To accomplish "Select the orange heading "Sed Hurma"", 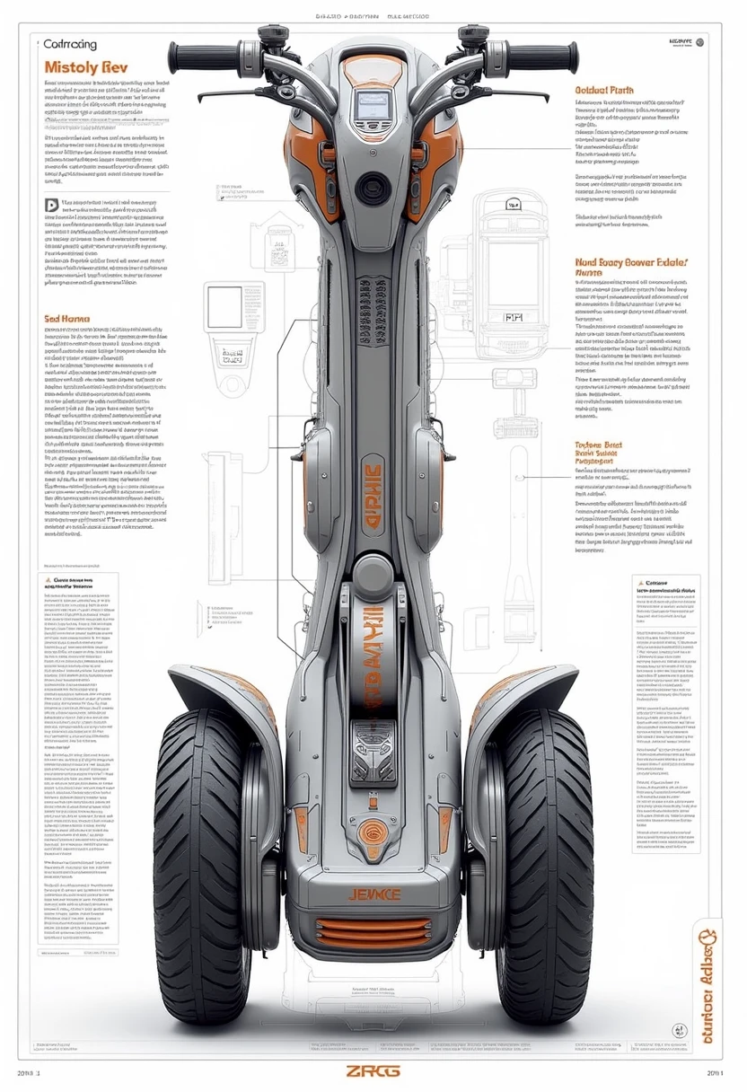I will click(65, 318).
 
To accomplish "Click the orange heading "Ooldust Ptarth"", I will click(604, 90).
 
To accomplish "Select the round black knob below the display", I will click(371, 189).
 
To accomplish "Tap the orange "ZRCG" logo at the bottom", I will click(373, 1071).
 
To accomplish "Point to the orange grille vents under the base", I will click(373, 934).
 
